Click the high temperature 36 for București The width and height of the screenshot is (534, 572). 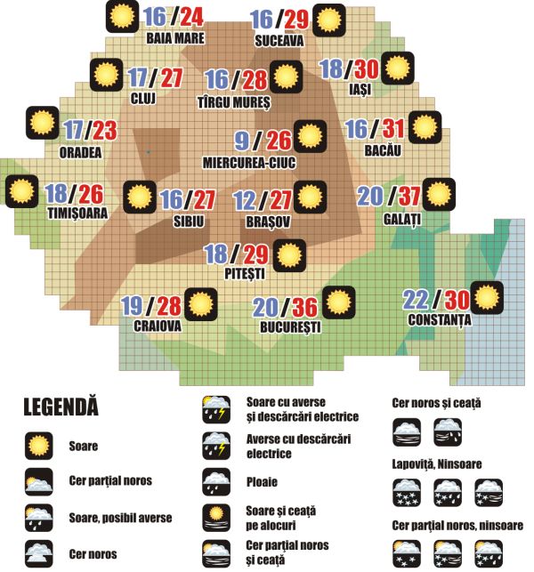[x=306, y=307]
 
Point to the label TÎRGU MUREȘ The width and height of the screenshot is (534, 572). [x=233, y=102]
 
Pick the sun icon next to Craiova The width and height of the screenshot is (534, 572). [x=200, y=304]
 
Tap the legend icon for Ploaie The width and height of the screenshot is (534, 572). [x=217, y=482]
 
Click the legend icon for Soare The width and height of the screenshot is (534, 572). [x=38, y=445]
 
